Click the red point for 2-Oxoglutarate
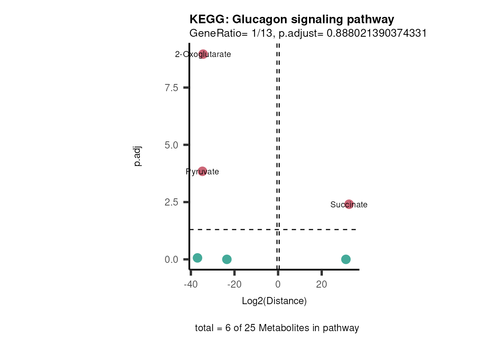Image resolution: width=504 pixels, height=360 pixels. (x=203, y=54)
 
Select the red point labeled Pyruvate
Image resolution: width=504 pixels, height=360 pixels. (x=202, y=171)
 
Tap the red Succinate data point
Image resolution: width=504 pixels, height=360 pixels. (x=349, y=204)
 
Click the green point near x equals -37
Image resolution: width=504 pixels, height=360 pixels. (x=197, y=258)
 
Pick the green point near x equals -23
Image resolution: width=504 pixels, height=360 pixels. (x=226, y=259)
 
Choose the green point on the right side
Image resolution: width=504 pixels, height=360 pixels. (x=346, y=259)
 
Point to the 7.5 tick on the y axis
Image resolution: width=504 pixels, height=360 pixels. (x=171, y=88)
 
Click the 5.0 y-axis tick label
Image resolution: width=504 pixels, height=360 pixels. (x=171, y=145)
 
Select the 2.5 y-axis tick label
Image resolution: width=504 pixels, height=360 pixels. (x=171, y=202)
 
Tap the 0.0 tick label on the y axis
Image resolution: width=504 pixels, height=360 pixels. (x=171, y=259)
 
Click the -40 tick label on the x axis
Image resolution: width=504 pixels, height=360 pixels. (x=190, y=284)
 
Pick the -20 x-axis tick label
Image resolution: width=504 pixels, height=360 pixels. (x=234, y=284)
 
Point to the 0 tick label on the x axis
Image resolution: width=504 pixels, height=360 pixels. (x=278, y=284)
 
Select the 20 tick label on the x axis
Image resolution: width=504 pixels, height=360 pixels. (x=321, y=284)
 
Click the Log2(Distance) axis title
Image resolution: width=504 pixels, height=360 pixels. (x=274, y=301)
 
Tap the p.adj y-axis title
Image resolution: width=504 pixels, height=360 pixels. (x=137, y=156)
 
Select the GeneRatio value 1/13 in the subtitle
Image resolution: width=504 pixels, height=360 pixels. (x=262, y=33)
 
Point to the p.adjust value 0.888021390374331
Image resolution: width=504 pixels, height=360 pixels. (x=376, y=33)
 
